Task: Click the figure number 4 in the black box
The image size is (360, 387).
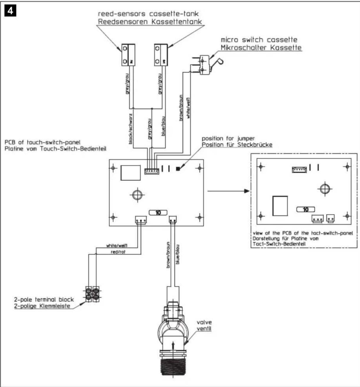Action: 10,11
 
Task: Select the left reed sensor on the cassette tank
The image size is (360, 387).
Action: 128,55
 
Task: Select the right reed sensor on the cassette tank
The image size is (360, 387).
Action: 161,55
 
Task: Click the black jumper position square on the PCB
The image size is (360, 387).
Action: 178,169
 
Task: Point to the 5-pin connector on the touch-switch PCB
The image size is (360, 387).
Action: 152,171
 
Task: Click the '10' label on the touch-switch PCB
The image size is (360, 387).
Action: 158,212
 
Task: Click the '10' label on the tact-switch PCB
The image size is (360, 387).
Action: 306,210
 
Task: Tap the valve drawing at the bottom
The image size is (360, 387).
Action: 173,335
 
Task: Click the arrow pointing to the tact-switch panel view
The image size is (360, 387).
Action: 228,191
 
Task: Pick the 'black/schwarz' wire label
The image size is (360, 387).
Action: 131,129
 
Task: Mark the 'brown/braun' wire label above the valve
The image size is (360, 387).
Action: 168,255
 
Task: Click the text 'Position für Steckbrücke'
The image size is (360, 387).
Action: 237,145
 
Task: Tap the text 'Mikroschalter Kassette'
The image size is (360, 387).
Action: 261,47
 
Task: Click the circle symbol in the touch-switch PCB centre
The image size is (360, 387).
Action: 137,195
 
